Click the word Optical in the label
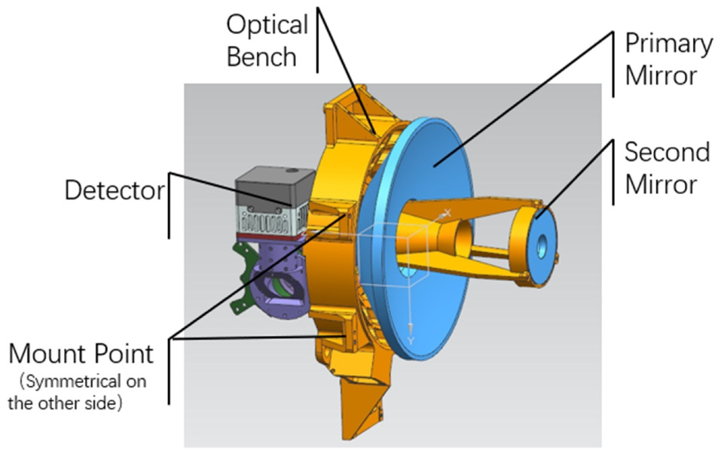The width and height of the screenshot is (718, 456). coord(267,25)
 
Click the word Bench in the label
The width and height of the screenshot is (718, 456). coord(261,56)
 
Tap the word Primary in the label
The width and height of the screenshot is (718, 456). coord(668,44)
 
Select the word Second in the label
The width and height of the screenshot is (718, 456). coord(667,153)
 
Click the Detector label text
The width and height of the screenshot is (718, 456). coord(115,190)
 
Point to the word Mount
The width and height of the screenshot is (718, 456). coord(51,354)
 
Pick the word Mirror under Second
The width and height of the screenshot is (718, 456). coord(660,184)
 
